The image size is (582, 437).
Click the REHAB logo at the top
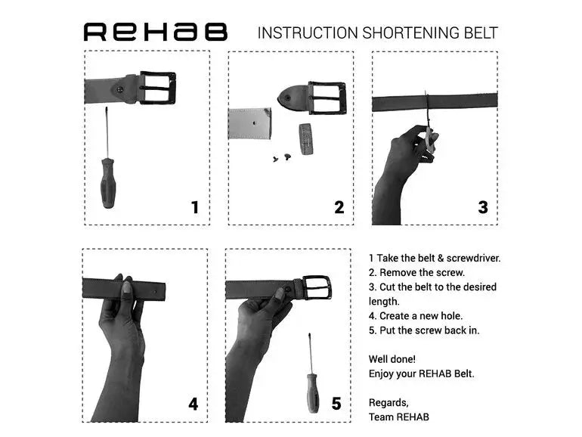click(x=155, y=32)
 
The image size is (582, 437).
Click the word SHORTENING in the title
click(x=409, y=33)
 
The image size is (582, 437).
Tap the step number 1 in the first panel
click(x=195, y=206)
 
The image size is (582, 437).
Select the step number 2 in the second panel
click(x=339, y=206)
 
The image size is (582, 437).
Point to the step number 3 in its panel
click(x=483, y=206)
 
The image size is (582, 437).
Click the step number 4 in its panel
click(x=193, y=404)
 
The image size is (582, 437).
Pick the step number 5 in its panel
click(x=336, y=404)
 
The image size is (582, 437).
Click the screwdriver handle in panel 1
click(x=107, y=182)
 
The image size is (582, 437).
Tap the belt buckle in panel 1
click(x=157, y=88)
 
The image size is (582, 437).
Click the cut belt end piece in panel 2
click(x=249, y=123)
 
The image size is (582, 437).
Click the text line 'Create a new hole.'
click(x=416, y=315)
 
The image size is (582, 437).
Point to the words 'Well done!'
click(x=392, y=359)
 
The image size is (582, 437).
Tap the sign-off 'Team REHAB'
click(x=399, y=417)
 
